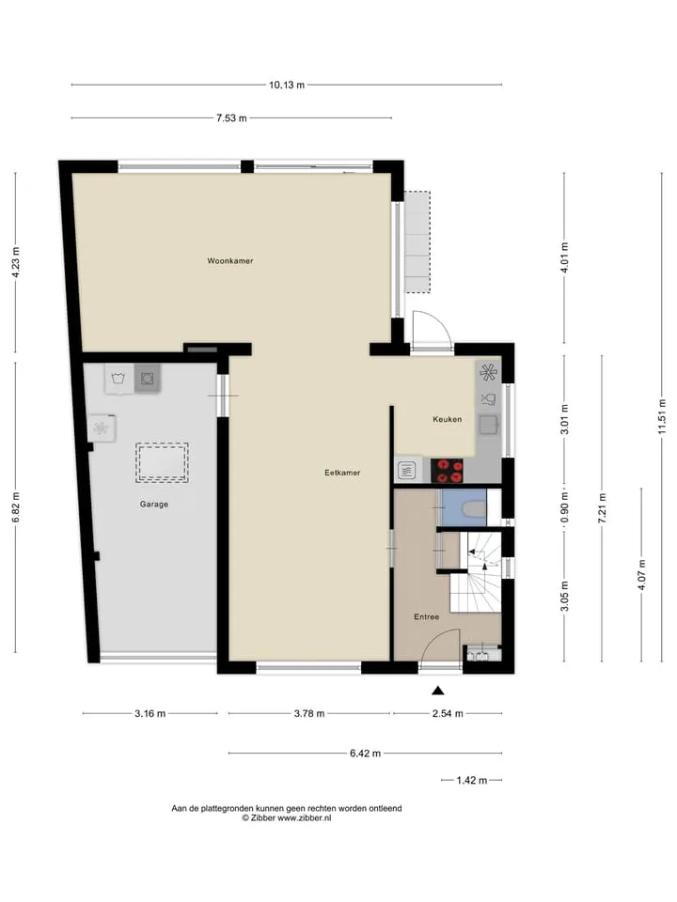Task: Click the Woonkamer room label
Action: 230,260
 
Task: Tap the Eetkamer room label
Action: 342,473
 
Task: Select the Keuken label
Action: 448,419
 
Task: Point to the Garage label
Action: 154,504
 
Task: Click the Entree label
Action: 427,616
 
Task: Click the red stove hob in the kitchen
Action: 448,470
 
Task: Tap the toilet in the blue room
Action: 474,509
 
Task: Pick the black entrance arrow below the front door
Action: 438,691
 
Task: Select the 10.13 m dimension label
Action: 287,86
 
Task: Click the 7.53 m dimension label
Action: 231,118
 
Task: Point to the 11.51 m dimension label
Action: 662,416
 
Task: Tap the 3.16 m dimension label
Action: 150,714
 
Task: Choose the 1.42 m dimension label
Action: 472,781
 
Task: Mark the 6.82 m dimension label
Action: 16,506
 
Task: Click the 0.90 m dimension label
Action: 564,508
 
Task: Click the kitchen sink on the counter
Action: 489,425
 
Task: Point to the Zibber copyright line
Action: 287,817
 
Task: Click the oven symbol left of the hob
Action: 407,470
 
